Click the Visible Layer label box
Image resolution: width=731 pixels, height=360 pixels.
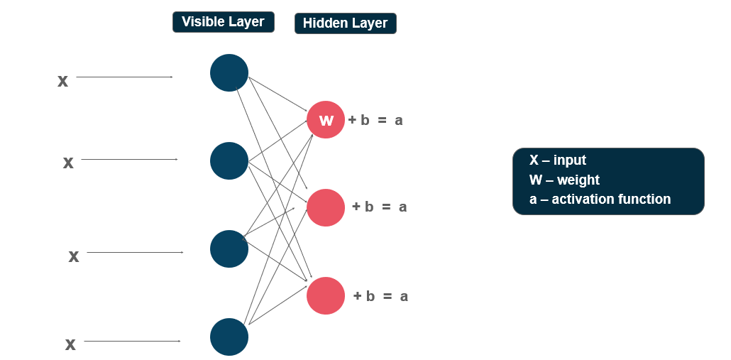(x=223, y=22)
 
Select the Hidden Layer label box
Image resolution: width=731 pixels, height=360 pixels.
(x=345, y=23)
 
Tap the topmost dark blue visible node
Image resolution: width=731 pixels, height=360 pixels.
(x=229, y=72)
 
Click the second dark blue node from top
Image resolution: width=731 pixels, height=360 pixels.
(x=229, y=160)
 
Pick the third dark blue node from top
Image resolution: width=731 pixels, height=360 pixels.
(x=229, y=249)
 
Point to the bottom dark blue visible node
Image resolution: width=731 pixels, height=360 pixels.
(x=229, y=337)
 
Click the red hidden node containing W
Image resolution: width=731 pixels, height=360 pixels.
(x=326, y=120)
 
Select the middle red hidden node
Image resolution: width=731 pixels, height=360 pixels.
(x=326, y=207)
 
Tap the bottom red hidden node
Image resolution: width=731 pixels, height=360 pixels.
(x=326, y=295)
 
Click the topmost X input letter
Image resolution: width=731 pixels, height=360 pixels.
(x=62, y=81)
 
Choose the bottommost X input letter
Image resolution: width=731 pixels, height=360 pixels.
(x=70, y=345)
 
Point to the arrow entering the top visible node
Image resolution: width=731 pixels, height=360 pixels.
(x=124, y=77)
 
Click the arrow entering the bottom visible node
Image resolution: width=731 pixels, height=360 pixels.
(x=132, y=342)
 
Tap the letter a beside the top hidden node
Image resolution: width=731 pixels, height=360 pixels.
(x=399, y=121)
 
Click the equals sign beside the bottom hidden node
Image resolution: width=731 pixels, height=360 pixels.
(x=388, y=296)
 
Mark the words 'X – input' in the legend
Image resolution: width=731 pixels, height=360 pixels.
(x=558, y=160)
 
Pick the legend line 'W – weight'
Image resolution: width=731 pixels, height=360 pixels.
(x=564, y=180)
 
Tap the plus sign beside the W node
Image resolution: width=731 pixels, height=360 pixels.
(x=352, y=120)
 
